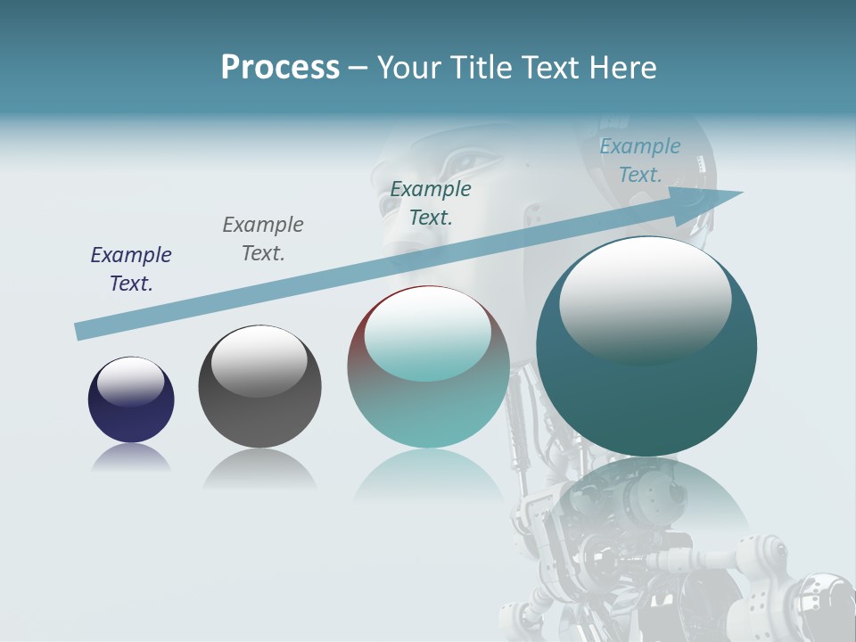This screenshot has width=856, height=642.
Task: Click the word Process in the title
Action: [280, 67]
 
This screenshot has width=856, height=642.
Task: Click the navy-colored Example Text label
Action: [131, 268]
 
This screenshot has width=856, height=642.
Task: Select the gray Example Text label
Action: [263, 238]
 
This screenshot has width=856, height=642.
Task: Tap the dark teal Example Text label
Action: [431, 202]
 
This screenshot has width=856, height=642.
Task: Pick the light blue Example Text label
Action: [640, 160]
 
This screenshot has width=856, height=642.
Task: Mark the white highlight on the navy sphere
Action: [131, 381]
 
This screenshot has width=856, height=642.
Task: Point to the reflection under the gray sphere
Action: [259, 467]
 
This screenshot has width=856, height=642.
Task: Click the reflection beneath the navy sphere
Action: [131, 458]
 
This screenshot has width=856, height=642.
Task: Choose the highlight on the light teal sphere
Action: [428, 335]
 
